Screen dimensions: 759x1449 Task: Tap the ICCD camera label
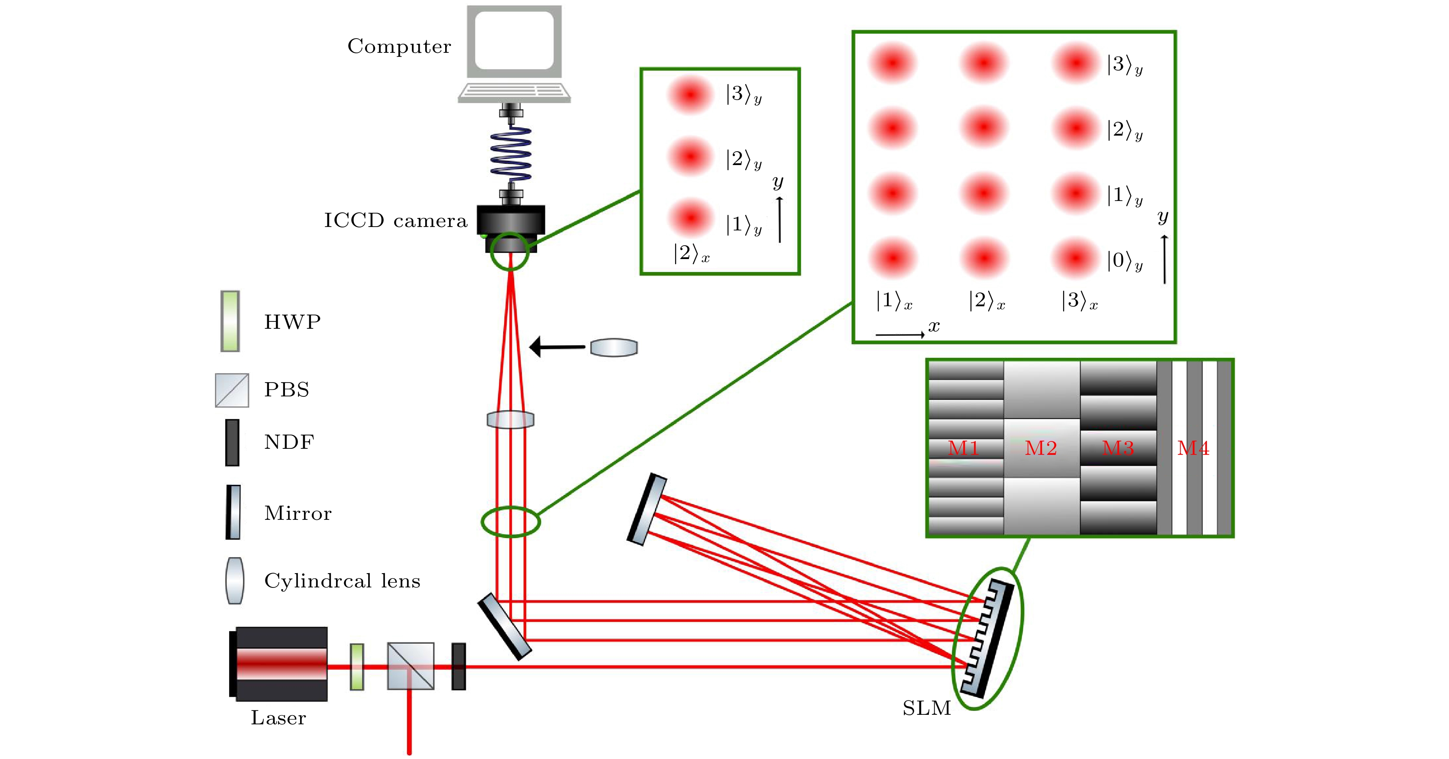[x=395, y=221]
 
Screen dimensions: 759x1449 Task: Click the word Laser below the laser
[x=278, y=718]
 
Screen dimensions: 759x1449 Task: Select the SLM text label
[x=926, y=708]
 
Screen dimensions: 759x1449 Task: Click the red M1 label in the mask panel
[x=963, y=448]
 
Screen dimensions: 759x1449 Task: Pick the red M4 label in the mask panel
[x=1193, y=448]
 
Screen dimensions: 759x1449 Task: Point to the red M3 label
[x=1118, y=448]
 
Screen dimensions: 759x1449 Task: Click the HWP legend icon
[x=230, y=321]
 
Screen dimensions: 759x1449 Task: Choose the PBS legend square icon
[x=232, y=390]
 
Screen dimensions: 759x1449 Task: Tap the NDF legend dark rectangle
[x=232, y=442]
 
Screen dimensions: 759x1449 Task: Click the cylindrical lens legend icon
[x=235, y=581]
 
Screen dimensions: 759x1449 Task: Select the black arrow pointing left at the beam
[x=557, y=347]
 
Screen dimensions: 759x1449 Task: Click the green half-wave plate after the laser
[x=357, y=667]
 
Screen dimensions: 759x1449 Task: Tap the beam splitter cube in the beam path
[x=411, y=666]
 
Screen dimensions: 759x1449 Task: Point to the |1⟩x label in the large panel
[x=894, y=301]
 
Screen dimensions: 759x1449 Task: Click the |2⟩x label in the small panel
[x=691, y=254]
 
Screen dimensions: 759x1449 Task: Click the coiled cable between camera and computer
[x=511, y=154]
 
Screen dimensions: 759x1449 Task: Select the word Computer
[x=399, y=46]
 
